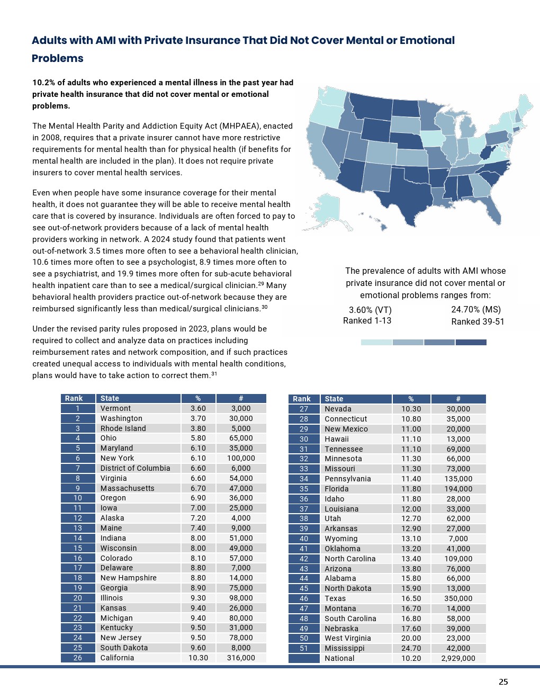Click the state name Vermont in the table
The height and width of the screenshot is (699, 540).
[115, 408]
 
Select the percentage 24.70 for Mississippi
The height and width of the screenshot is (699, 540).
[411, 648]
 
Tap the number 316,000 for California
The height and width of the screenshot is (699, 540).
[241, 658]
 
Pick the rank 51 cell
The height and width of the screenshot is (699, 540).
[304, 648]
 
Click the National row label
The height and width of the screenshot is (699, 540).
[339, 658]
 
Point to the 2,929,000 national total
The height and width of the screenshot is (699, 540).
[458, 658]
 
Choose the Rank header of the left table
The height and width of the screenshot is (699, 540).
[74, 398]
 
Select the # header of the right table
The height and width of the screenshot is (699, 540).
[458, 399]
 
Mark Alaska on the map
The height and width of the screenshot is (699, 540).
[328, 211]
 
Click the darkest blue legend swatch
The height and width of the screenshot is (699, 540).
[471, 343]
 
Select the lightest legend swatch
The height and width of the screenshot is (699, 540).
[376, 343]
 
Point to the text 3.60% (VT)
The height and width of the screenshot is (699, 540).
[370, 310]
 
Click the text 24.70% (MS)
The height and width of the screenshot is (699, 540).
[475, 309]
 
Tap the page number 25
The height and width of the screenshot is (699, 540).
[503, 682]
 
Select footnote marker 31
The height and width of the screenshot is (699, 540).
[214, 374]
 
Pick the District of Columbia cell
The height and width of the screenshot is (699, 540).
[135, 468]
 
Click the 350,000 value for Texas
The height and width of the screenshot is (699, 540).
[458, 598]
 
